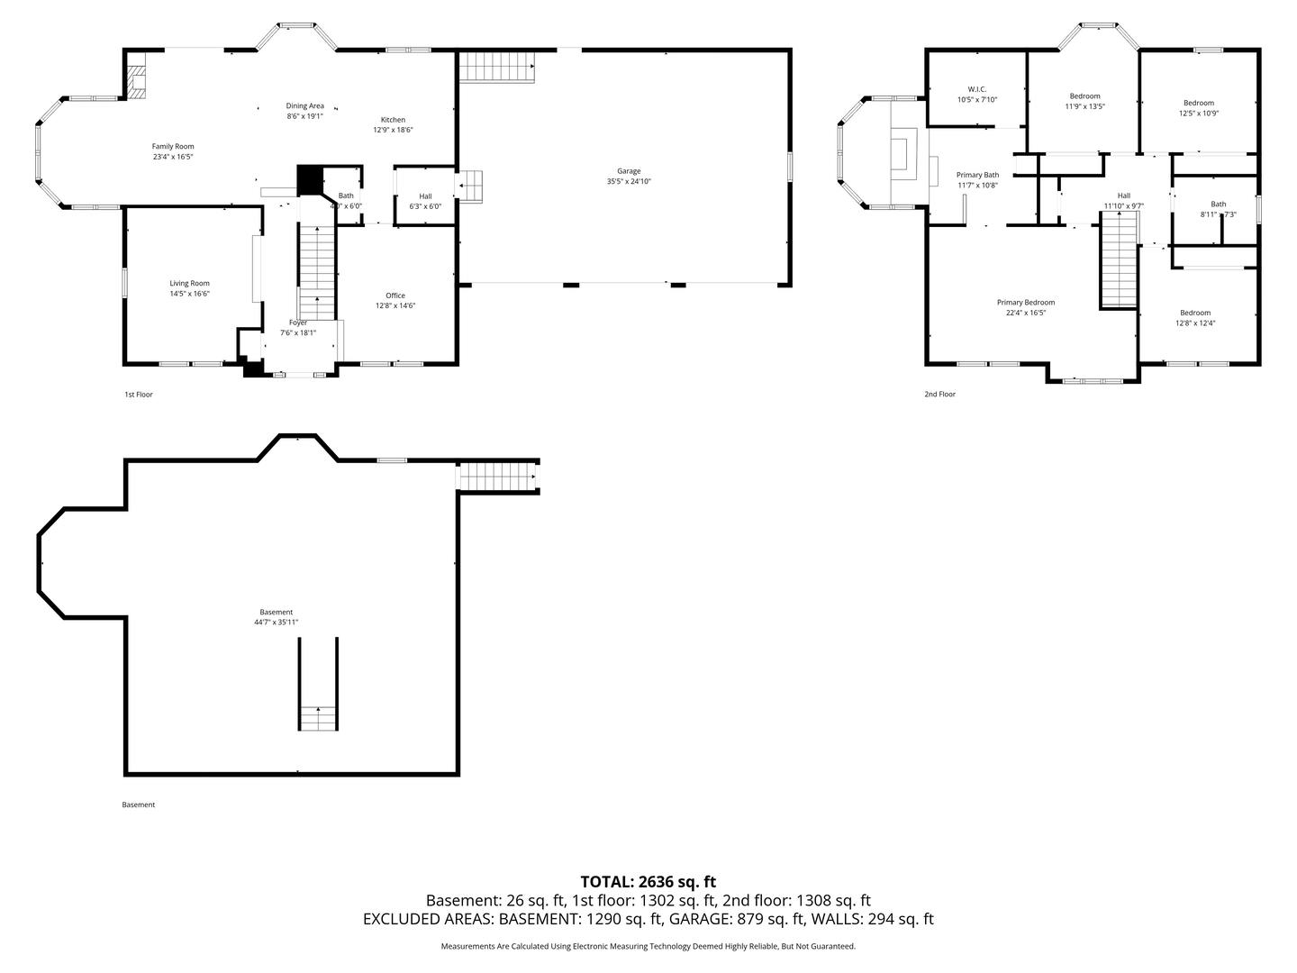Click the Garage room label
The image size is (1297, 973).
[x=628, y=170]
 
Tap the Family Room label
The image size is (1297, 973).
[x=172, y=146]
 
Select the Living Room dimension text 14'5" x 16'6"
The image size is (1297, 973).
[x=189, y=294]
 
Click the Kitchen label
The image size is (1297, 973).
[x=393, y=120]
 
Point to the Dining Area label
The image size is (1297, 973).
[x=304, y=105]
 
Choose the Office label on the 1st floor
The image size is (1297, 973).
[x=395, y=296]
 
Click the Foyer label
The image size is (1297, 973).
[x=298, y=323]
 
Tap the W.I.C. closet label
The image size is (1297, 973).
[x=977, y=89]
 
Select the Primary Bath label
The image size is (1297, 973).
[x=977, y=175]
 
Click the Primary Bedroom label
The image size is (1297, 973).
[x=1025, y=303]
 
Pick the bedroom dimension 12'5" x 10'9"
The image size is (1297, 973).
[x=1198, y=114]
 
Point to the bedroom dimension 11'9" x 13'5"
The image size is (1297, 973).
[x=1084, y=106]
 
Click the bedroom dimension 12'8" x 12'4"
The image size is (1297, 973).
[x=1195, y=323]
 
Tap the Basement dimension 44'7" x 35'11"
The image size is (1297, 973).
[x=276, y=623]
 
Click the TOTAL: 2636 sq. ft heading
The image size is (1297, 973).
[x=648, y=881]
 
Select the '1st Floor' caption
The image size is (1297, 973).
[x=139, y=395]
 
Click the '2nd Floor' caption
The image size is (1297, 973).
[x=939, y=395]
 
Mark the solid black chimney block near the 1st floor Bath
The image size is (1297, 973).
[x=310, y=178]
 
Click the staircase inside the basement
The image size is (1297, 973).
[x=318, y=717]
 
